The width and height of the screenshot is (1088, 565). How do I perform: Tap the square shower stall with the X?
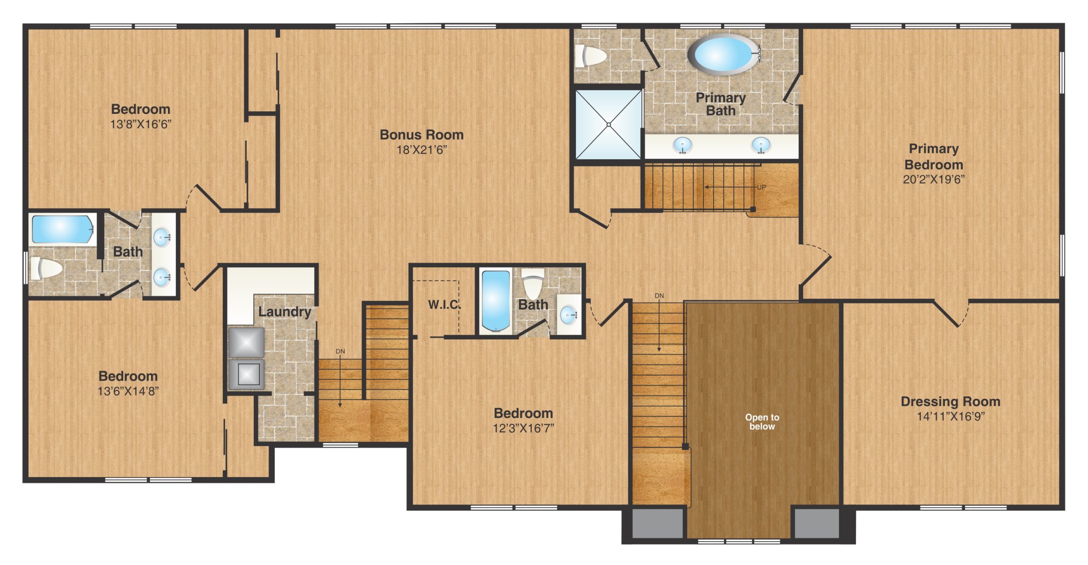point(608,124)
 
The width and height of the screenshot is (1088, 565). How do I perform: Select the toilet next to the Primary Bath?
point(591,56)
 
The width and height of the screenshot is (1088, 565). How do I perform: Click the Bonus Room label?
point(422,135)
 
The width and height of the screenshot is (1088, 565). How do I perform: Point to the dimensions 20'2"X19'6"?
point(934,179)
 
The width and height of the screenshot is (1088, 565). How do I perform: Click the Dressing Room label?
point(950,401)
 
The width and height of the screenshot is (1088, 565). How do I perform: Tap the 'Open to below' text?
point(762,422)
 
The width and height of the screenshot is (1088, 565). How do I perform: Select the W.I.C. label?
point(443,304)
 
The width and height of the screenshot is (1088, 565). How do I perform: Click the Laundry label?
point(285,311)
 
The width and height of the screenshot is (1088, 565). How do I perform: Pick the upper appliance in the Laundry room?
point(246,342)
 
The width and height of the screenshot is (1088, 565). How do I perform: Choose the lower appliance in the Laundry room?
point(246,374)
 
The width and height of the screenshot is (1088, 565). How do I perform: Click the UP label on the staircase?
point(761,187)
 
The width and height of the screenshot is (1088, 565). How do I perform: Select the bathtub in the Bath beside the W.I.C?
point(495,300)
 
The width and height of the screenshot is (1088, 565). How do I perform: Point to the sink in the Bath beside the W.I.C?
point(569,315)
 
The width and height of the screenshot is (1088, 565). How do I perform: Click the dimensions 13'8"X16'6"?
point(141,124)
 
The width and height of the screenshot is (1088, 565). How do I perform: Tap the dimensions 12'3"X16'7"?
point(523,428)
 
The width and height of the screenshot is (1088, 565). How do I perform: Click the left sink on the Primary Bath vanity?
point(683,145)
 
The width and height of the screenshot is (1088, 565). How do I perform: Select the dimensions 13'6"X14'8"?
point(128,391)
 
